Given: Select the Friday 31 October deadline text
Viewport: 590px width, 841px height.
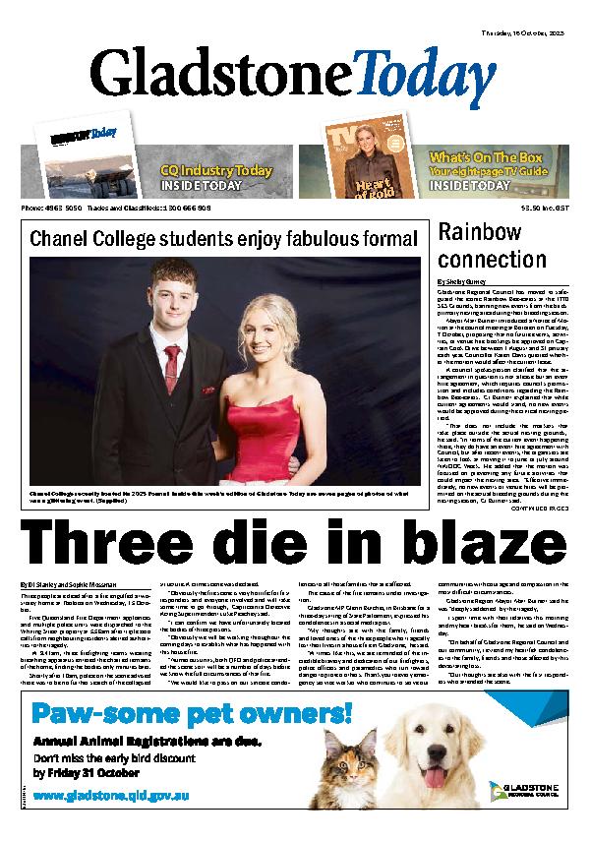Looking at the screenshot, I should (x=93, y=771).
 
